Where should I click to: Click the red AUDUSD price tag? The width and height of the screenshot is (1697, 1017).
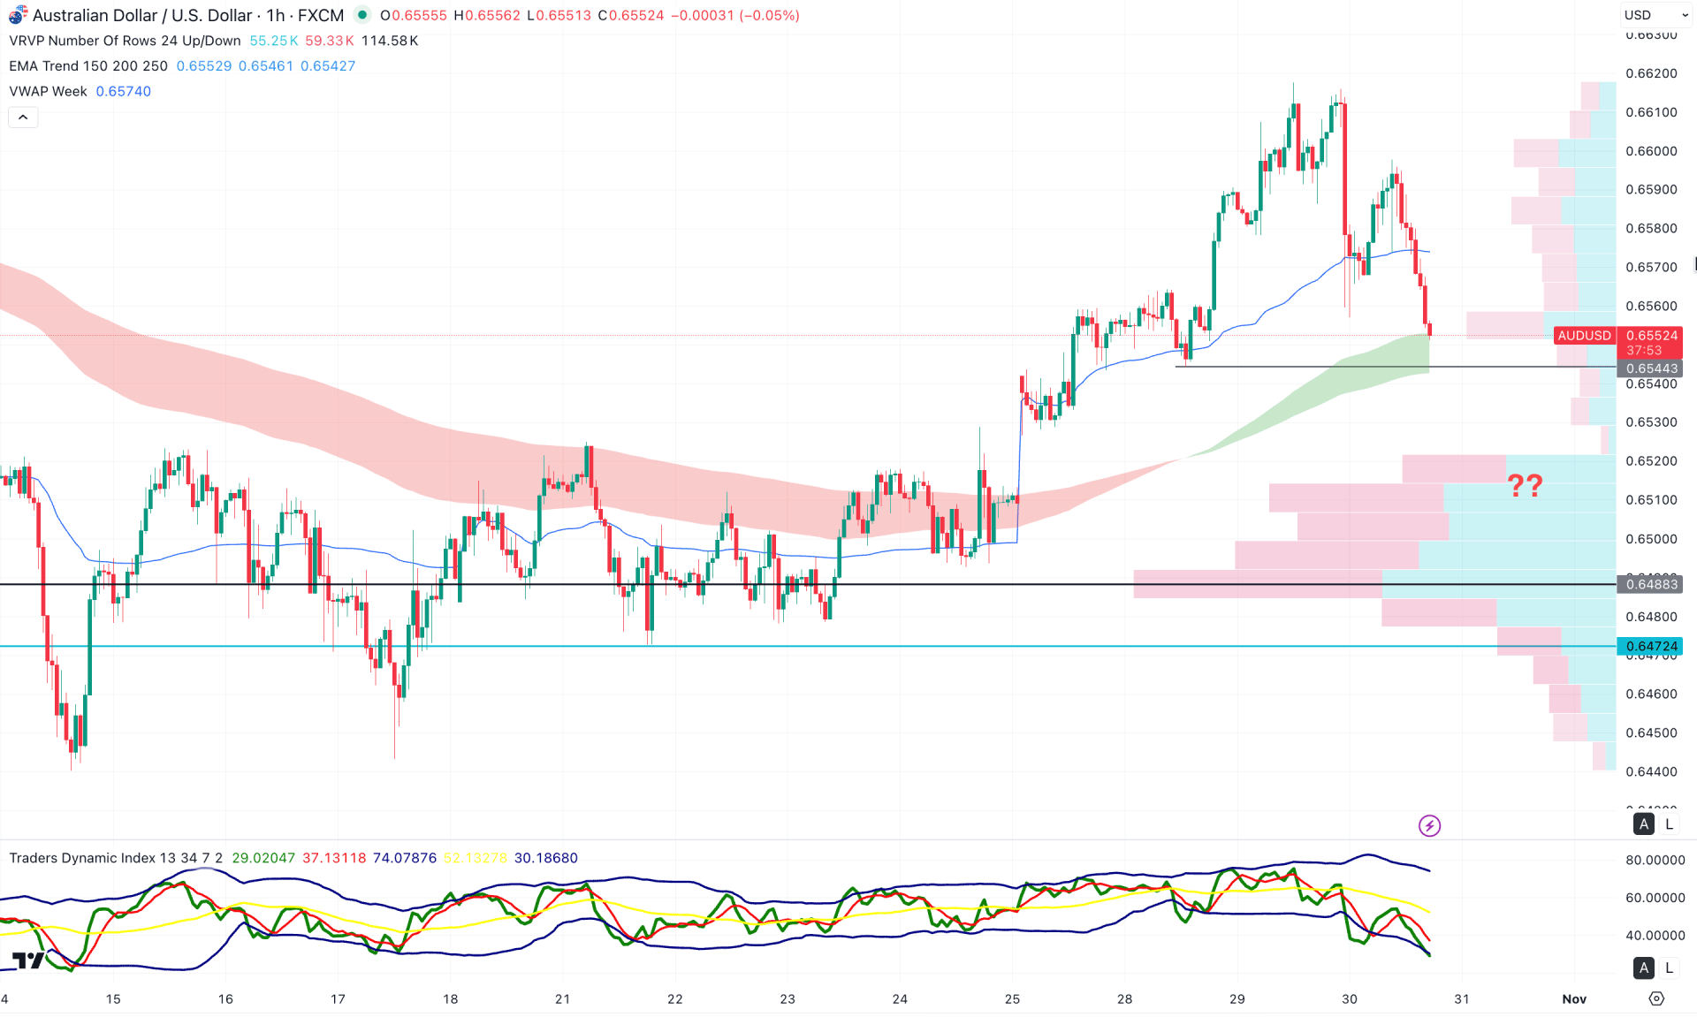1584,336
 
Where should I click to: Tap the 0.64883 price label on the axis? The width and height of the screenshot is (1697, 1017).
1650,584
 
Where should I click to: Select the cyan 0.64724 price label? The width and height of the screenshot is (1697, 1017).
1650,646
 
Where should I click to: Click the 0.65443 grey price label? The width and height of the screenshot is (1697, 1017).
1650,368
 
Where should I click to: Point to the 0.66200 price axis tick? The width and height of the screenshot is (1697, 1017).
1651,73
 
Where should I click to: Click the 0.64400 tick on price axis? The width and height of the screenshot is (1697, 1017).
1651,771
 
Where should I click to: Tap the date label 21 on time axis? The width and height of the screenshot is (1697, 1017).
562,998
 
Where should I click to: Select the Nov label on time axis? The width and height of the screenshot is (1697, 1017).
1573,998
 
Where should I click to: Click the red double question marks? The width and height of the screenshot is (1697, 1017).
1525,485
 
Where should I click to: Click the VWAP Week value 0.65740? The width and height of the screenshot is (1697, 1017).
123,91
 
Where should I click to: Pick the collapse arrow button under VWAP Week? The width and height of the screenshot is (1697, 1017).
23,118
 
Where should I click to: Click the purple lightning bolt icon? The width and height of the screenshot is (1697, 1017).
1429,825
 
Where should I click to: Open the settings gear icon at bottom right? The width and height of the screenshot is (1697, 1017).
1656,998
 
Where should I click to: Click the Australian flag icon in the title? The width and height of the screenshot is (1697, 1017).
18,16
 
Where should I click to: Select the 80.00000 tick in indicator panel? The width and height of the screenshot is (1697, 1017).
1655,860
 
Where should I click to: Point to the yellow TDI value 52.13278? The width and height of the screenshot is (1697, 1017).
476,858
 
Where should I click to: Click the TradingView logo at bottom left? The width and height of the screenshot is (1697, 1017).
28,960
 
